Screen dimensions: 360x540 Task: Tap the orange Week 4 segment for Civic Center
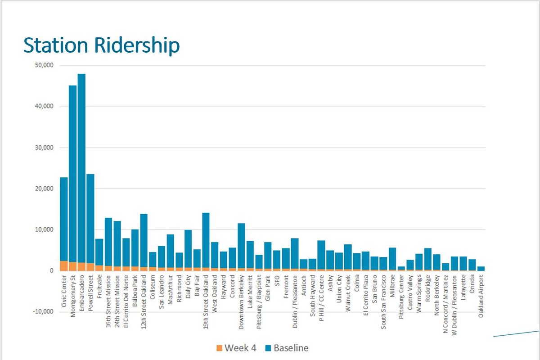point(64,266)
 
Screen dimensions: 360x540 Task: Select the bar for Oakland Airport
point(481,268)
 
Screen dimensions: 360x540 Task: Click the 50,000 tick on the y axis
point(44,65)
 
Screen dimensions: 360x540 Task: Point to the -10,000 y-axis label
point(43,312)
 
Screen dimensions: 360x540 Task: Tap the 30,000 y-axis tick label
point(44,148)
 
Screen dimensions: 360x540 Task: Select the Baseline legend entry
point(286,348)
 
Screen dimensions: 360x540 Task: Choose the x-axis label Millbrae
point(392,288)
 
